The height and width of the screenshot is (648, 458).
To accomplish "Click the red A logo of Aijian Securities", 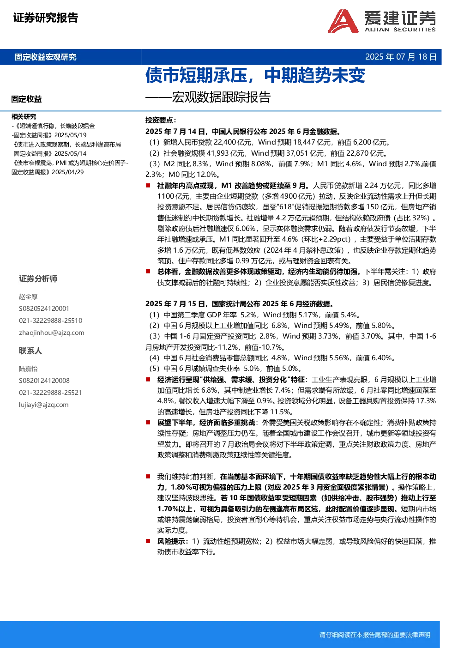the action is [x=343, y=21].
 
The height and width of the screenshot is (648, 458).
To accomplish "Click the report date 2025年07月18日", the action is [x=400, y=57].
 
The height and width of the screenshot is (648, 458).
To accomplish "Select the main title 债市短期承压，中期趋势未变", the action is [x=255, y=75].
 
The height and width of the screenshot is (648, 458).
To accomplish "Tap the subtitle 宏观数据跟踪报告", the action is [x=221, y=97].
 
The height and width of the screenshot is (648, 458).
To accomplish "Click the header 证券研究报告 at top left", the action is [x=46, y=18].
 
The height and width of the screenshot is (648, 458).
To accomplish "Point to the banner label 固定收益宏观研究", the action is [x=46, y=57].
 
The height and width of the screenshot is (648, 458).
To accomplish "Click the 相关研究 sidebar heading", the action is [x=24, y=116].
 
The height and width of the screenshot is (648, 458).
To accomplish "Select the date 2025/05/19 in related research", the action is [x=70, y=135].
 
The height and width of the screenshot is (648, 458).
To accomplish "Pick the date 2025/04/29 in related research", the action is [x=68, y=172].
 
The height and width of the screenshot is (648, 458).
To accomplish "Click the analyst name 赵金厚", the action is [x=28, y=297].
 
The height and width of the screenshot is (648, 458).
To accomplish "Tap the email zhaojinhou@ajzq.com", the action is [x=51, y=333].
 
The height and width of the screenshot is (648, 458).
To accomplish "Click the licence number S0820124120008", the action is [x=44, y=381].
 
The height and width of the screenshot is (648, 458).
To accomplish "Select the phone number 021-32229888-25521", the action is [x=50, y=393].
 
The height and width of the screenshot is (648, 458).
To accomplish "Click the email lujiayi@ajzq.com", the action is [x=44, y=405].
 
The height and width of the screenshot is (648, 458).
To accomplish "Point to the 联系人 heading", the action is [x=30, y=351].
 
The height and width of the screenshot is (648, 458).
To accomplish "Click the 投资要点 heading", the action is [x=161, y=120].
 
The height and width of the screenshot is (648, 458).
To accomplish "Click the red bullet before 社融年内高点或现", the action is [x=148, y=185].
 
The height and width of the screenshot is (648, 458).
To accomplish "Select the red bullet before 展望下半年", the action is [x=148, y=423].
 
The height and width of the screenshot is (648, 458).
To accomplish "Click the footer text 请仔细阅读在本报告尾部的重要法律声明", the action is [x=375, y=635].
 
